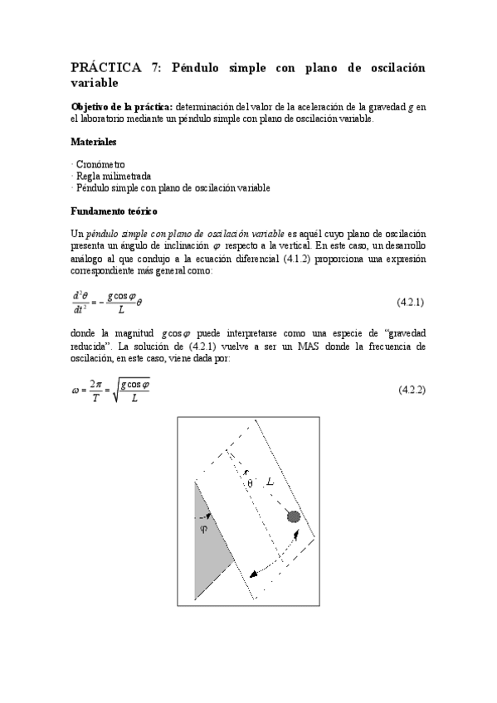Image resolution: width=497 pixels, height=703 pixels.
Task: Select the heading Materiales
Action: (x=94, y=141)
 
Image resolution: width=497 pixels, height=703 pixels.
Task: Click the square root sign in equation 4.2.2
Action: (x=116, y=389)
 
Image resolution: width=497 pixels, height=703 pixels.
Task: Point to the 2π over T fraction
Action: (x=96, y=389)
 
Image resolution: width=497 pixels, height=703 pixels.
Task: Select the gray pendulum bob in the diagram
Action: (x=293, y=516)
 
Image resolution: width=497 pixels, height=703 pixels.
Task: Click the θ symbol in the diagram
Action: (x=249, y=483)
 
